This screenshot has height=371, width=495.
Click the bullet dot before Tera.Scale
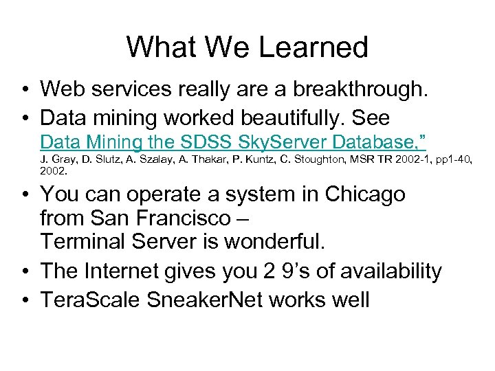tap(24, 300)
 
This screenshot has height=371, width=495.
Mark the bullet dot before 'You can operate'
tap(24, 194)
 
